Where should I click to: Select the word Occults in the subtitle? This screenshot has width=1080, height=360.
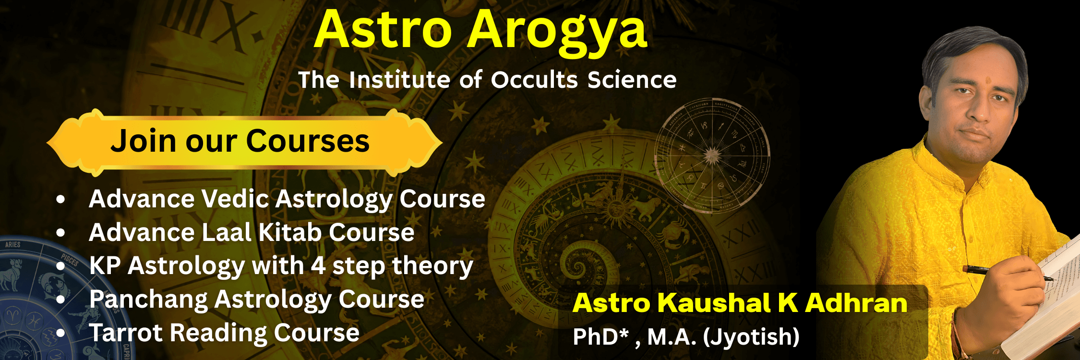[x=534, y=80]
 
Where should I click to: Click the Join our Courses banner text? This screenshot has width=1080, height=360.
[x=240, y=141]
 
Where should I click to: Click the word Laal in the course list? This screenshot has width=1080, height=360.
[x=226, y=233]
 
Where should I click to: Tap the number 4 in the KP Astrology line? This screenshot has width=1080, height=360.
[x=318, y=266]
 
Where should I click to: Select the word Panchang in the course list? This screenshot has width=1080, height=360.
[x=148, y=300]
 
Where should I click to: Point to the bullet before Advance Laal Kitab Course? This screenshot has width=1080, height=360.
[x=60, y=233]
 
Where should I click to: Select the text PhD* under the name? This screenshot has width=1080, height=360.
[x=600, y=336]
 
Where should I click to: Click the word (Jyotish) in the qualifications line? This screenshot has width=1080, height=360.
[x=751, y=336]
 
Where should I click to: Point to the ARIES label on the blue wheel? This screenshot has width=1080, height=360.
[x=13, y=245]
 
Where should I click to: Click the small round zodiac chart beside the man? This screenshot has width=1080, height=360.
[x=712, y=156]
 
